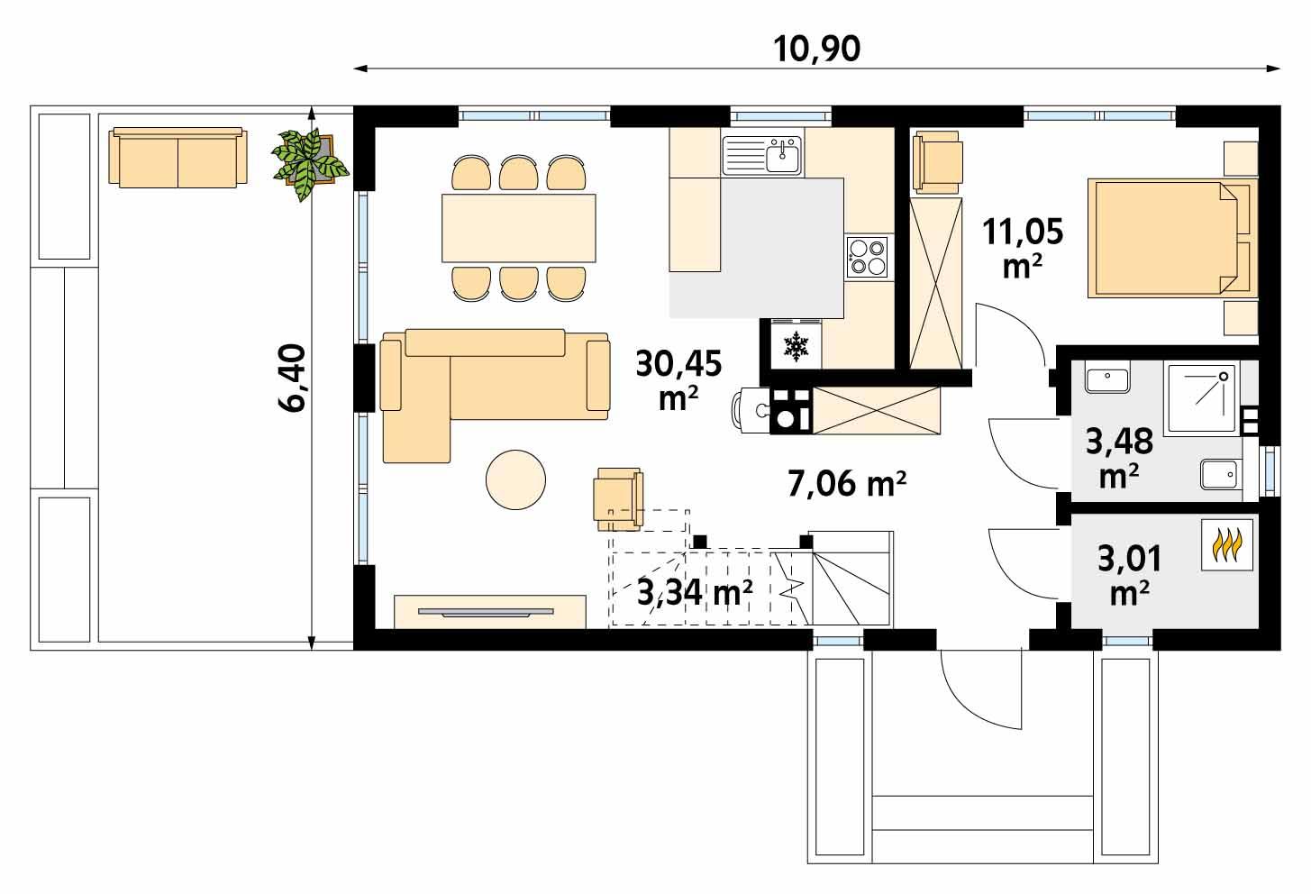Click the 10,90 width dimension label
click(817, 49)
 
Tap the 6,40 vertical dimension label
click(294, 379)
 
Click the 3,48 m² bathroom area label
click(1118, 457)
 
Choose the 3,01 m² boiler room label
click(1129, 573)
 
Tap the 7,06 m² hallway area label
click(846, 485)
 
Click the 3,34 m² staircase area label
click(695, 593)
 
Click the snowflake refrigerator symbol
click(796, 345)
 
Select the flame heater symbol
click(1226, 546)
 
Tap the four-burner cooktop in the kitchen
click(868, 255)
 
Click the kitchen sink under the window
click(761, 154)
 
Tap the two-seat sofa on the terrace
click(178, 159)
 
